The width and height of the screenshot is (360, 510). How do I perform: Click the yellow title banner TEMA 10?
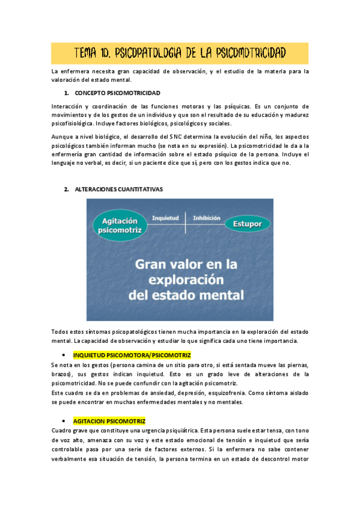tap(180, 53)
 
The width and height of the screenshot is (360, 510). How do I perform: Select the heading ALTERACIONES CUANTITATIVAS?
tap(118, 189)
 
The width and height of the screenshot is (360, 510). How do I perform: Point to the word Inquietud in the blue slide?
tap(165, 217)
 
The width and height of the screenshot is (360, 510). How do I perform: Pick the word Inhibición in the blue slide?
tap(206, 217)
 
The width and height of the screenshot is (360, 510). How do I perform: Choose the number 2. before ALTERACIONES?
tap(66, 189)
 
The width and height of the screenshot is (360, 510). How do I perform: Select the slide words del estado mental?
tap(186, 295)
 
